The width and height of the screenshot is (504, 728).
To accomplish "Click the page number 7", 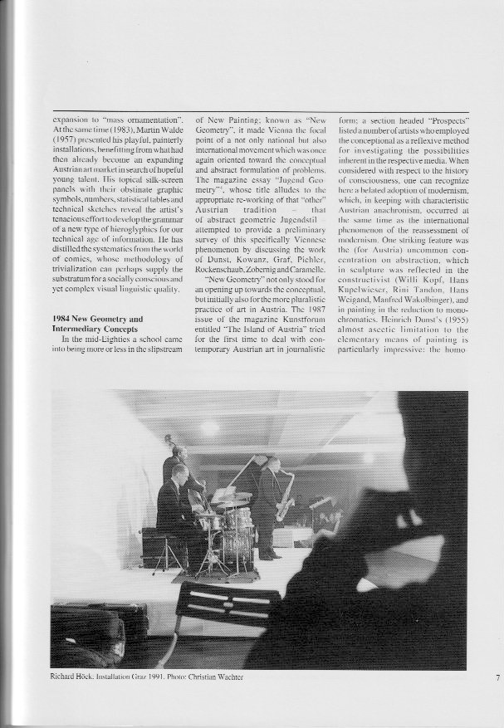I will (497, 677).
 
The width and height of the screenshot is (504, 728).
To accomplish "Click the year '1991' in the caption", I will (149, 677).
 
